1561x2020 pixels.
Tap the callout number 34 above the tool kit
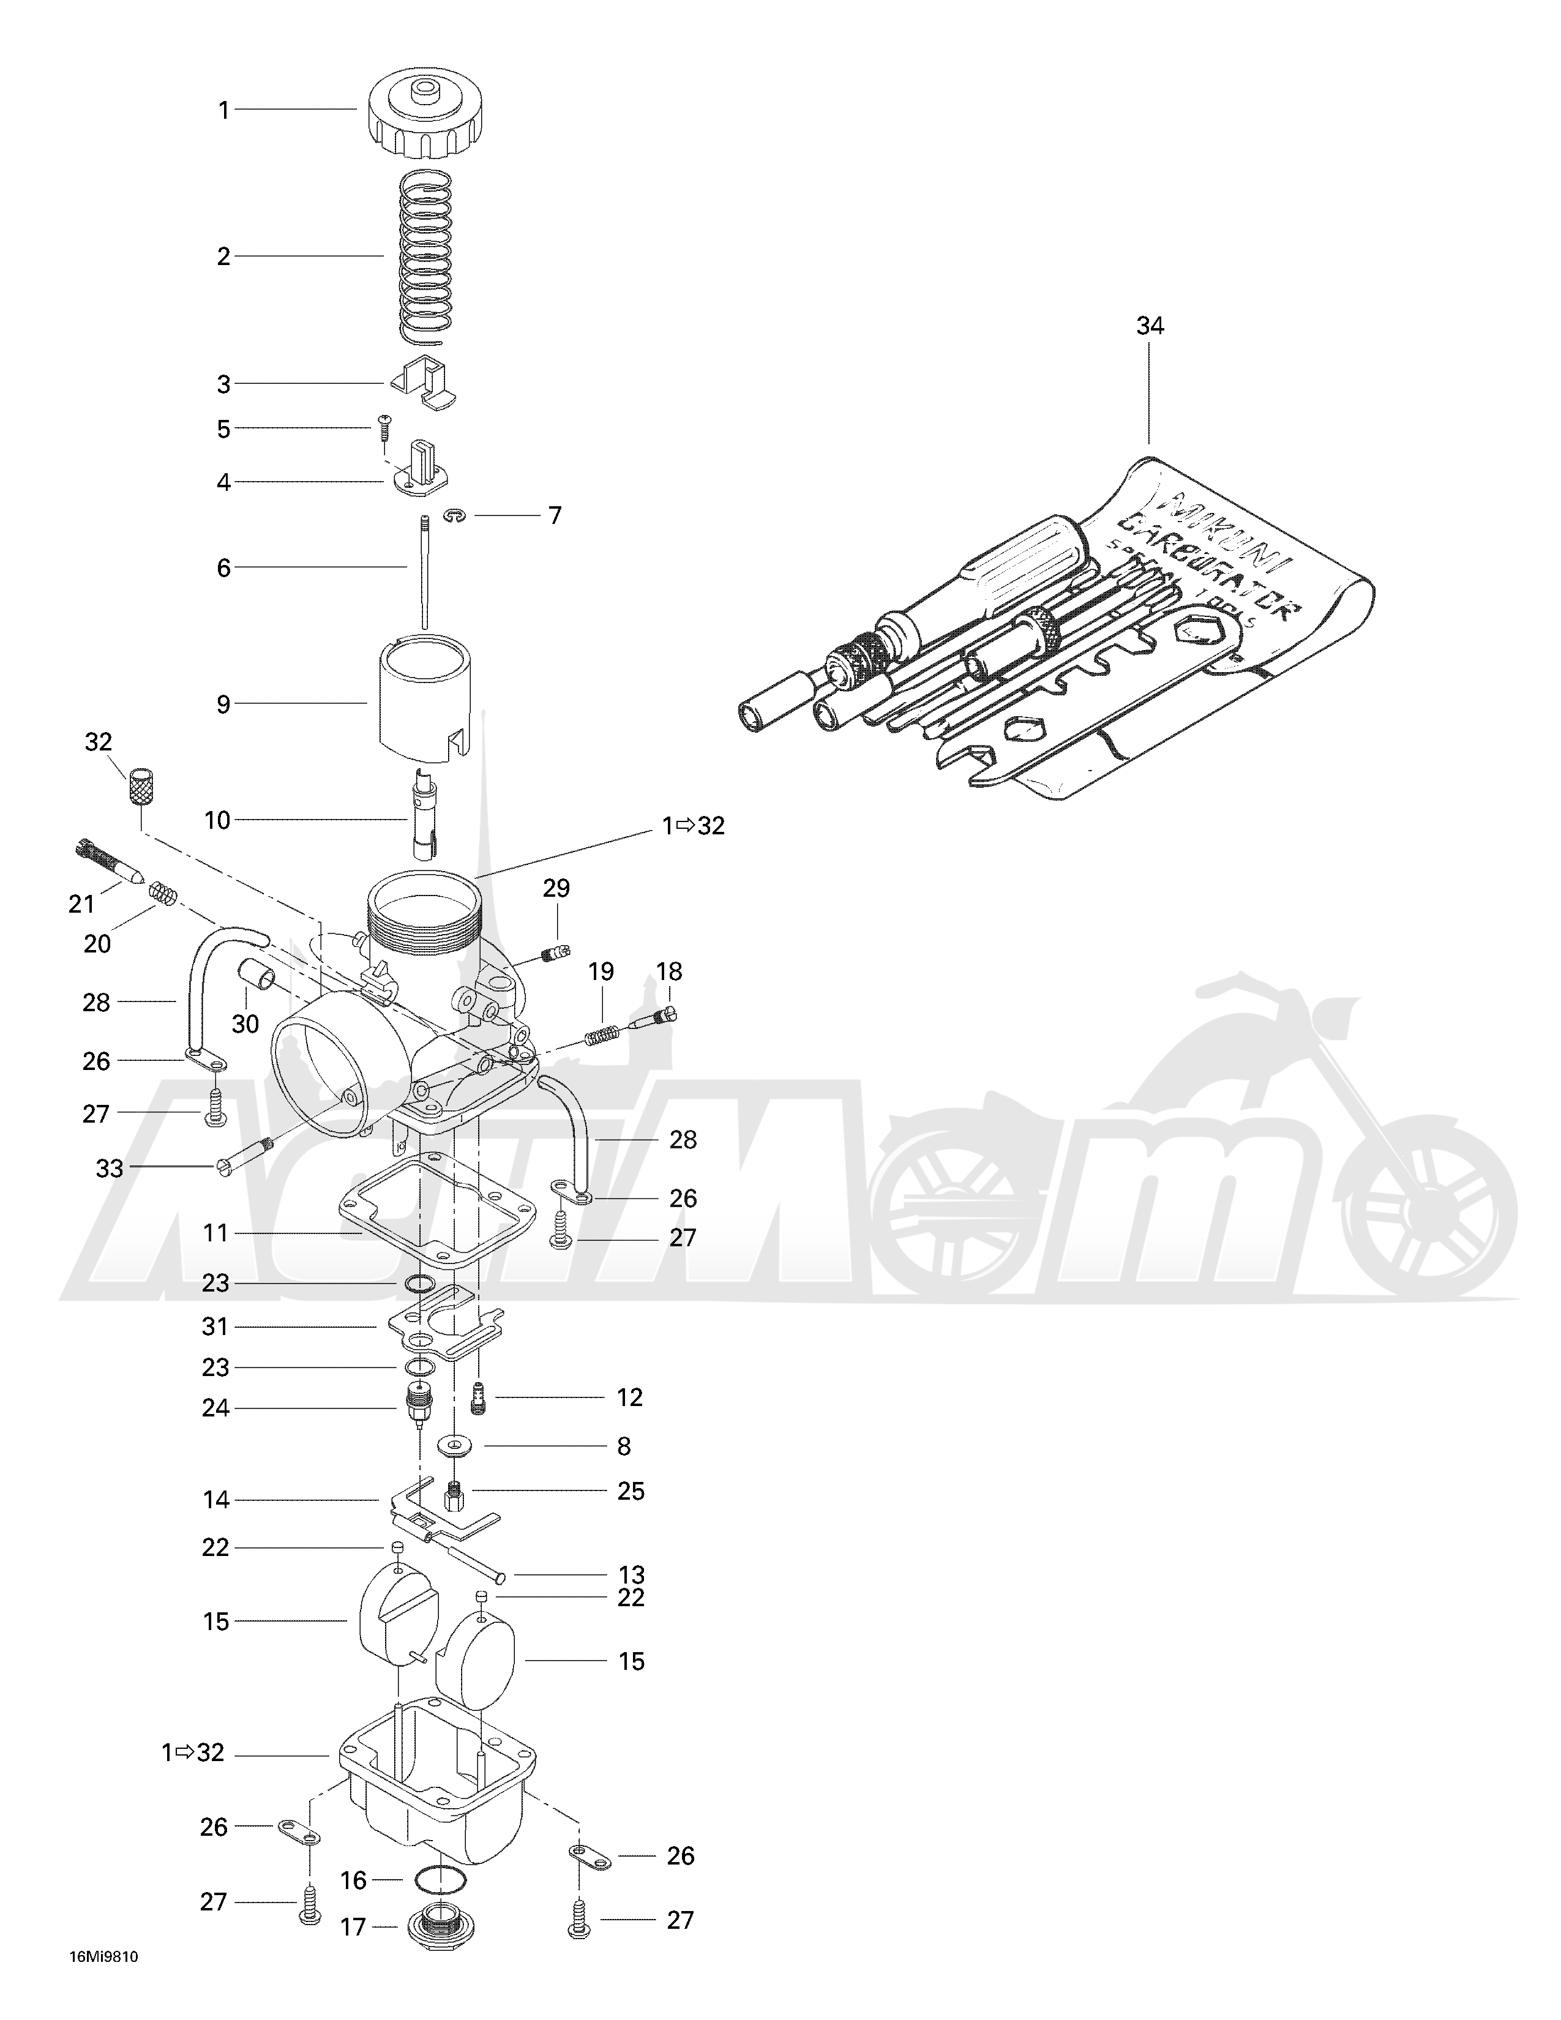click(1150, 326)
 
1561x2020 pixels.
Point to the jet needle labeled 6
click(422, 569)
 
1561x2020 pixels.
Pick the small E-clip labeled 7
click(453, 516)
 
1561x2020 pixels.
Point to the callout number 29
click(556, 888)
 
